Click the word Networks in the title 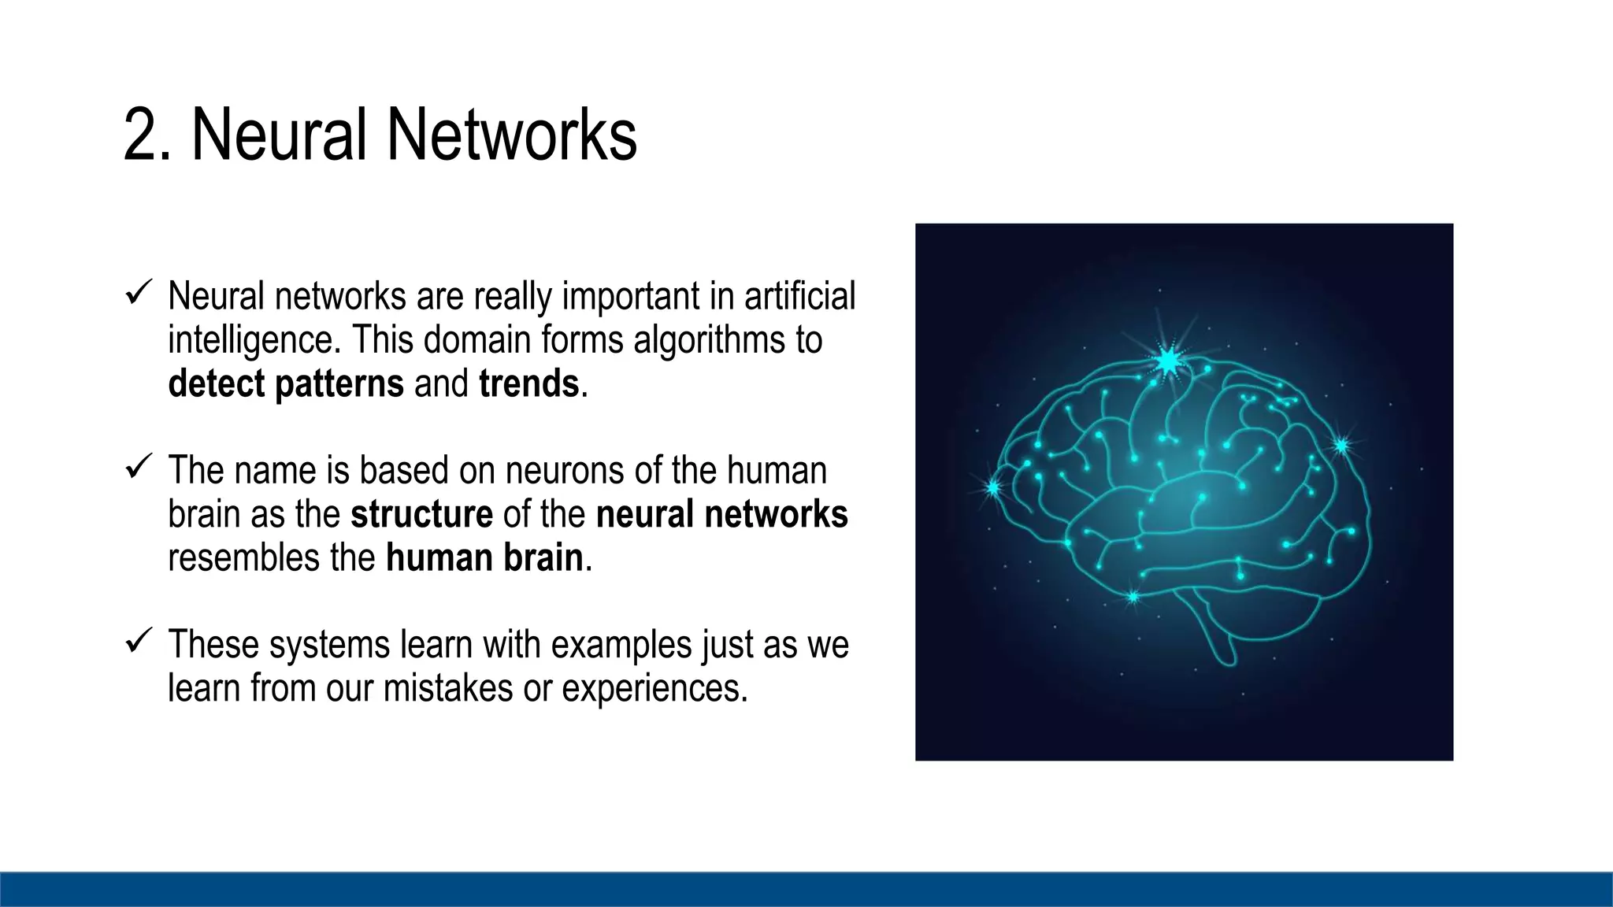(511, 135)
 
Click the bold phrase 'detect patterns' (286, 384)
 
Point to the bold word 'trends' (528, 384)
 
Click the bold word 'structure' (421, 514)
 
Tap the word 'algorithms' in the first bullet (710, 340)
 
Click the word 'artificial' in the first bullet (799, 296)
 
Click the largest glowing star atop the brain (1168, 361)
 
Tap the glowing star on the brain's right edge (1341, 446)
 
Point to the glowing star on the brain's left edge (993, 488)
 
